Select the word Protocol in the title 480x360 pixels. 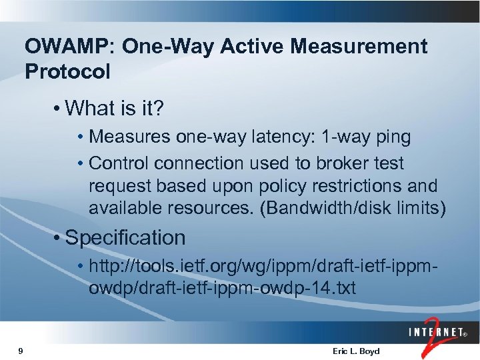pos(67,72)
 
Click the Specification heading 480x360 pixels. pos(125,238)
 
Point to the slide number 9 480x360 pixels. pos(22,351)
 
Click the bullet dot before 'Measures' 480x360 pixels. pos(80,138)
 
